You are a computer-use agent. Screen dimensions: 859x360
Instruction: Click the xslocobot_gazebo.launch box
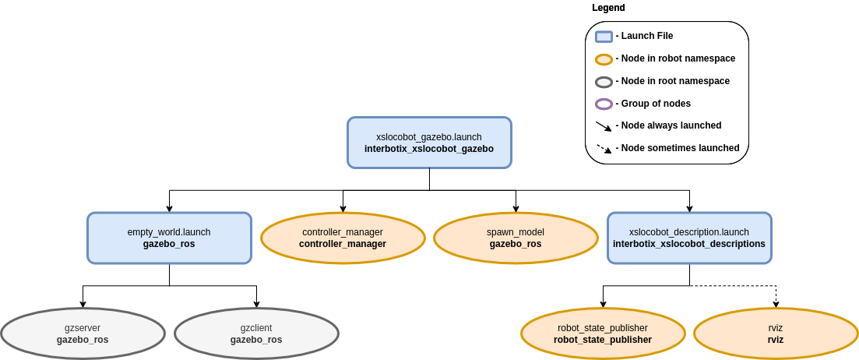tap(430, 143)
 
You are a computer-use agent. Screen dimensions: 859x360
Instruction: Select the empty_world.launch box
tap(169, 238)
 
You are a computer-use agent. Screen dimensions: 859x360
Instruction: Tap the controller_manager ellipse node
tap(343, 238)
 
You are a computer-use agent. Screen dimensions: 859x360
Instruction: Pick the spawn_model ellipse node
tap(516, 238)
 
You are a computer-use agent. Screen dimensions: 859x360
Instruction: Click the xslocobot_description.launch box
tap(689, 238)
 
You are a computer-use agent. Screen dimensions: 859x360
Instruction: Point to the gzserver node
tap(83, 334)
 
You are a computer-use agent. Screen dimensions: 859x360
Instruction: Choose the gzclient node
tap(256, 334)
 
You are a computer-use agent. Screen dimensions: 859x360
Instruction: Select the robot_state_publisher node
tap(603, 334)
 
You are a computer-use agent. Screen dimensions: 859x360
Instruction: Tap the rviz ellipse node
tap(776, 334)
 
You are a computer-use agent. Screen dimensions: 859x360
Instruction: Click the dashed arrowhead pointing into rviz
tap(776, 304)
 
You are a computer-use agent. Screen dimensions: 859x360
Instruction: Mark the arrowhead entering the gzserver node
tap(83, 304)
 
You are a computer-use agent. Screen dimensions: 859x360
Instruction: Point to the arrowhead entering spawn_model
tap(516, 209)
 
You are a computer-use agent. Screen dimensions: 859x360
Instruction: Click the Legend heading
tap(608, 9)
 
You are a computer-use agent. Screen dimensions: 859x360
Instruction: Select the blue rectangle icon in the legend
tap(604, 37)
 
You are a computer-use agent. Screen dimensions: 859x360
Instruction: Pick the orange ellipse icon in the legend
tap(604, 59)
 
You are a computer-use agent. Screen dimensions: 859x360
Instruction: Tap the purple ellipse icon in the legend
tap(604, 104)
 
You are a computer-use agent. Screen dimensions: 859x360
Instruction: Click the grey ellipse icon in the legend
tap(604, 82)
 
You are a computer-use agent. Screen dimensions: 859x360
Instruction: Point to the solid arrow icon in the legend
tap(604, 126)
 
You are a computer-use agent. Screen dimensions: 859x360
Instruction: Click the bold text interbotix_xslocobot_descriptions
tap(689, 244)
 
